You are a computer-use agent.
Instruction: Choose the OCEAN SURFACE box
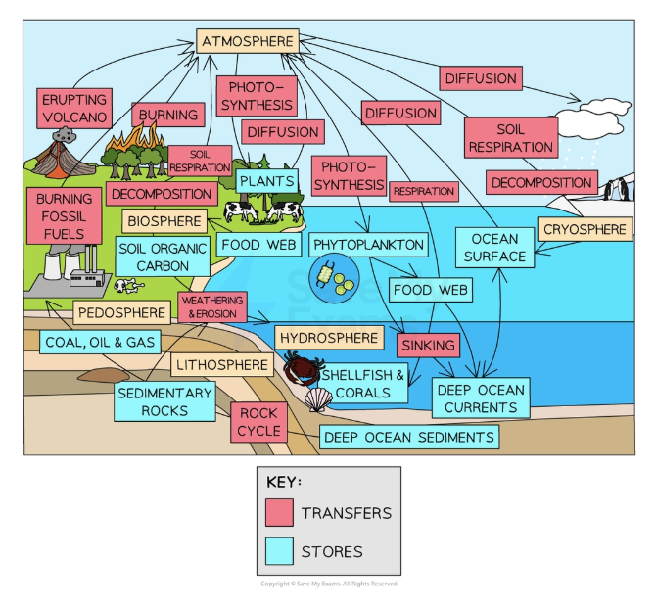point(494,248)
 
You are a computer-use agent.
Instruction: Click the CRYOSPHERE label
point(584,230)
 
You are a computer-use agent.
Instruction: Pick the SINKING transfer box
point(428,345)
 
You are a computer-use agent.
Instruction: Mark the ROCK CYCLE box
point(258,421)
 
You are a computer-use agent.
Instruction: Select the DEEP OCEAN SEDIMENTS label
point(408,437)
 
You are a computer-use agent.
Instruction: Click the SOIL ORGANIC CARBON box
point(162,257)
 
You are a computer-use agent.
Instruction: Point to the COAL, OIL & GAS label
point(99,342)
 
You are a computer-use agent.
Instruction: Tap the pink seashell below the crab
point(318,399)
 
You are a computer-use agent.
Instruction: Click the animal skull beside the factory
point(127,285)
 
